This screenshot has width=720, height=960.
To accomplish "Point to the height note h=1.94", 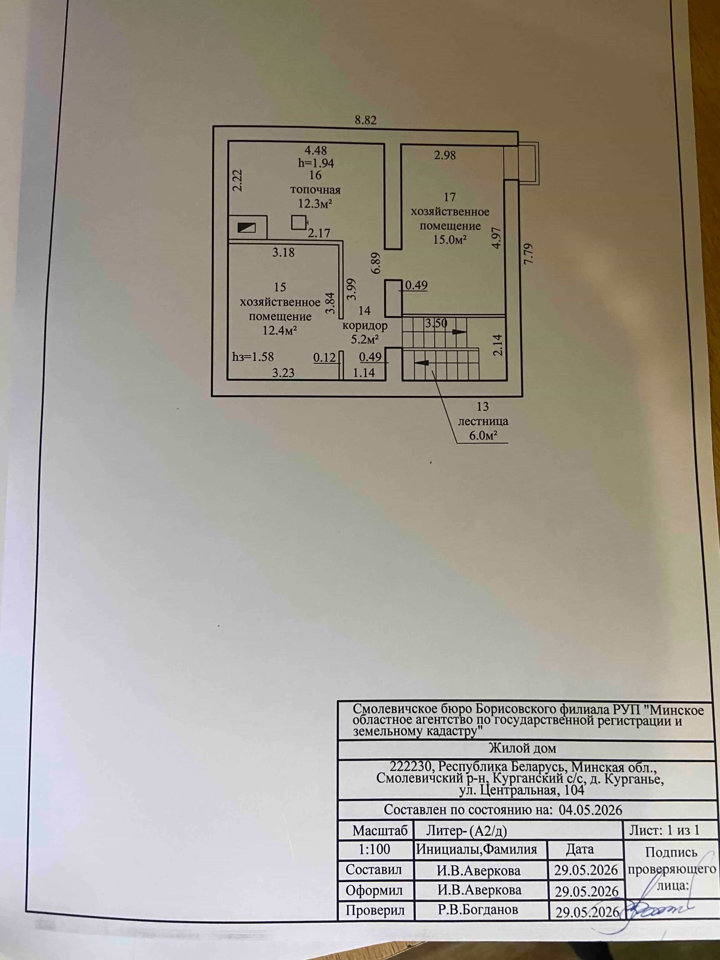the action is pos(315,163).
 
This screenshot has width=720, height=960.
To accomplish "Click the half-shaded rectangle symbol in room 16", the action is pos(246,227).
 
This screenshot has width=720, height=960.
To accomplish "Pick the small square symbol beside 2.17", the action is pos(299,223).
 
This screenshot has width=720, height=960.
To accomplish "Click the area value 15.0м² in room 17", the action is pos(450,240).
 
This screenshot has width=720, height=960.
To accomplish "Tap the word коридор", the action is pos(365,325).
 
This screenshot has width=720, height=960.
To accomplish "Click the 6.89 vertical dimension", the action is pos(376,263).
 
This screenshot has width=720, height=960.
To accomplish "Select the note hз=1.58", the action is pos(253,357).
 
